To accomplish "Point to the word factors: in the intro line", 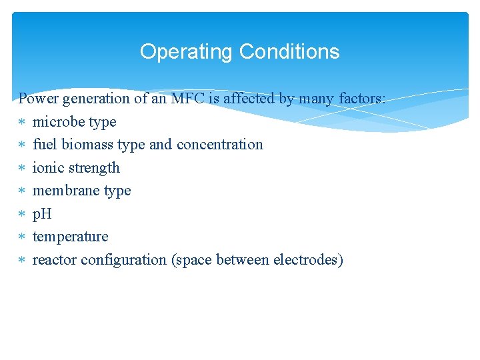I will [x=362, y=99].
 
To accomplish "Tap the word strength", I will [x=95, y=168].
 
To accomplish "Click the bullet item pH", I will [x=42, y=214].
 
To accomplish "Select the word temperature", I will [x=70, y=237].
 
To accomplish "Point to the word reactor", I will [x=55, y=260].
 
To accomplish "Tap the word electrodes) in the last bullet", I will [x=308, y=260].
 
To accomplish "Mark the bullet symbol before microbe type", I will [x=22, y=123].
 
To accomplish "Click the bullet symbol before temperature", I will [x=22, y=237].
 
